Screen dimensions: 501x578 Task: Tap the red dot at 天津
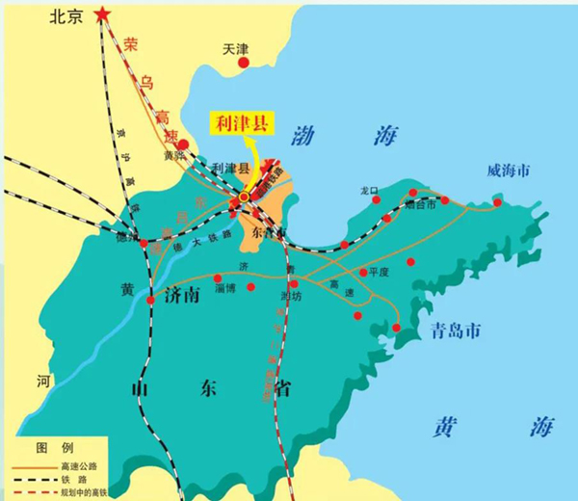click(244, 63)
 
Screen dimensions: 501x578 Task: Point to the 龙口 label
click(370, 191)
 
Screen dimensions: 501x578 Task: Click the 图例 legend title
click(49, 448)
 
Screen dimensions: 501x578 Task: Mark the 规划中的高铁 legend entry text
click(87, 492)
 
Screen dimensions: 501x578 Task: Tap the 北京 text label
click(66, 17)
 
